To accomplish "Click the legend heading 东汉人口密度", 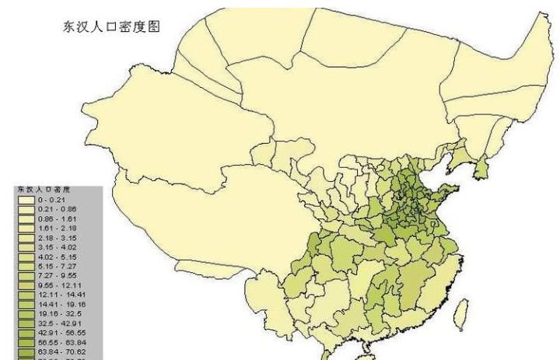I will (44, 190).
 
